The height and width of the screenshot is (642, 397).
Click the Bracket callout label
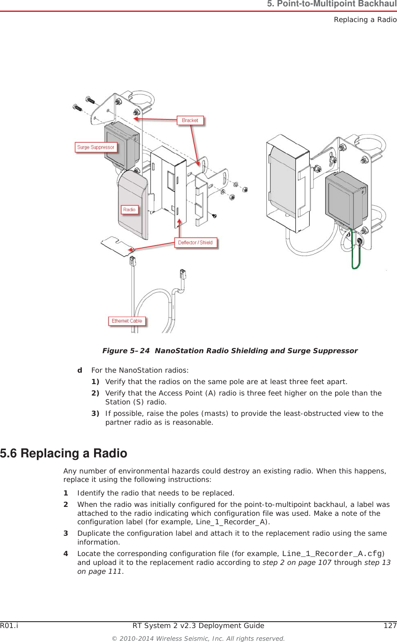click(190, 120)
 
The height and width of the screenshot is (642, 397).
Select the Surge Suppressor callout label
click(96, 147)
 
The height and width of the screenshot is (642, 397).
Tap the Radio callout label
click(129, 210)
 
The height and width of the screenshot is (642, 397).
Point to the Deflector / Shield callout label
click(195, 243)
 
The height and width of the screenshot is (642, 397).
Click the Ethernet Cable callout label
click(127, 321)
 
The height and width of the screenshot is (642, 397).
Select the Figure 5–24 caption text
click(230, 351)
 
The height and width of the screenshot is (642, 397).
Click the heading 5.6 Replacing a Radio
click(64, 453)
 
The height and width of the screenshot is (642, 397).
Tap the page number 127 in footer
click(390, 625)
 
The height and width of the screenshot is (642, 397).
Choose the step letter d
click(80, 370)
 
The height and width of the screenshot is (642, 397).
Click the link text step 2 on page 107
click(297, 562)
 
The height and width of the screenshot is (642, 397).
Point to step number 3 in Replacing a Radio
click(66, 533)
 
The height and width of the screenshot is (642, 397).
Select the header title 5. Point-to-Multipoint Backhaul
click(331, 4)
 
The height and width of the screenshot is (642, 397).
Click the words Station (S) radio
click(136, 402)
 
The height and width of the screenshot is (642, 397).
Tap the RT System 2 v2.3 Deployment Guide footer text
click(198, 625)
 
